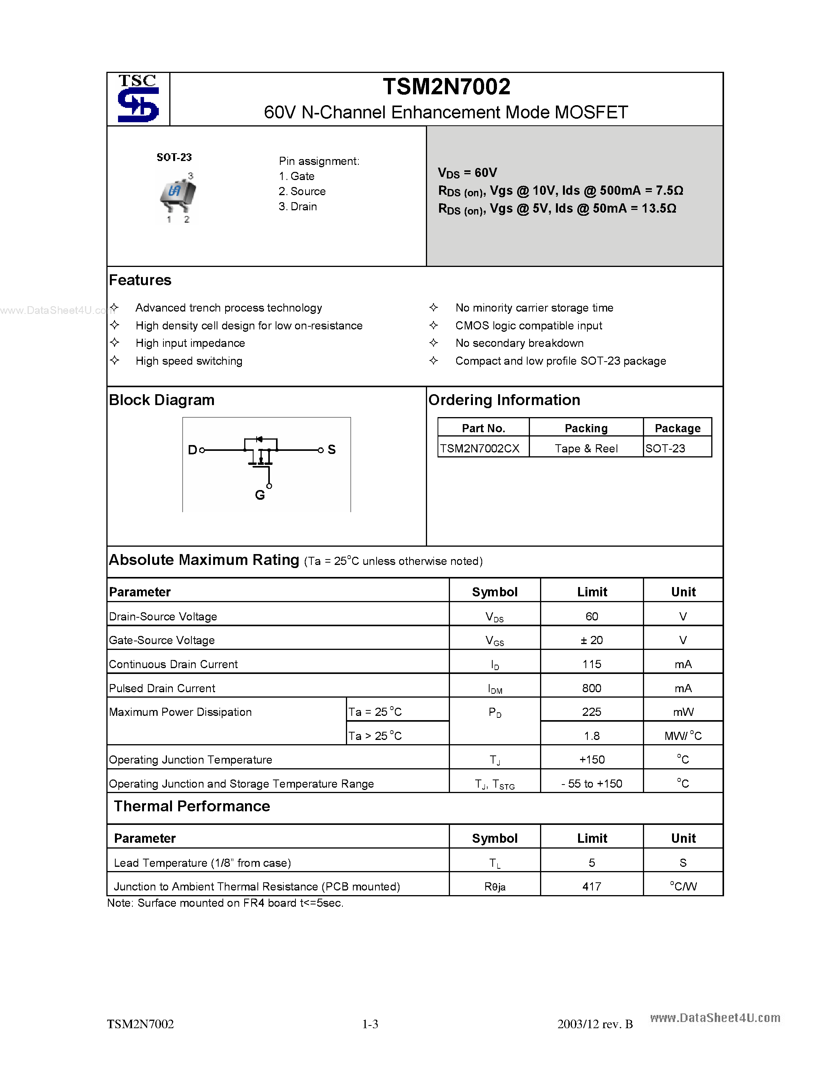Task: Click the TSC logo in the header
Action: tap(138, 99)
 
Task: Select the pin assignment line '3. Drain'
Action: tap(298, 207)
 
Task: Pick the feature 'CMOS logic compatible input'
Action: tap(528, 326)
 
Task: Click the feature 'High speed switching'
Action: tap(189, 361)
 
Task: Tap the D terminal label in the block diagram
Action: tap(192, 450)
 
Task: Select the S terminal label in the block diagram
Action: tap(332, 450)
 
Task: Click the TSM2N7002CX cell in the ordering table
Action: tap(479, 449)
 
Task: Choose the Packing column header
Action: tap(585, 428)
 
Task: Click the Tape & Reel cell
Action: tap(585, 449)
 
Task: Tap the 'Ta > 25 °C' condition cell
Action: tap(375, 736)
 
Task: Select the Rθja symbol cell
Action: tap(495, 887)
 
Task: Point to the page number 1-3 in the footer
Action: tap(370, 1024)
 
